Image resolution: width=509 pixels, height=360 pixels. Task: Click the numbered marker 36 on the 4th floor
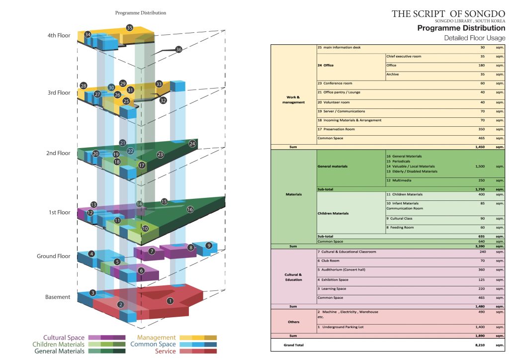click(x=178, y=49)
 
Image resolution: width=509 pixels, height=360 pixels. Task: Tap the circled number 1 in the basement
click(x=170, y=301)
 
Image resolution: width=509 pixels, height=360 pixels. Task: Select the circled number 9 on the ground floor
click(x=209, y=246)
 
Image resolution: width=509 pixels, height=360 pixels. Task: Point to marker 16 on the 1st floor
click(x=190, y=210)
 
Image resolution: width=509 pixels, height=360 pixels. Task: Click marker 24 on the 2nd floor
click(x=192, y=144)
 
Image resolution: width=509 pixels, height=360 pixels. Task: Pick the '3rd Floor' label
click(x=59, y=93)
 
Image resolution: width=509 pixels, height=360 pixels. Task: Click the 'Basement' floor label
click(x=58, y=297)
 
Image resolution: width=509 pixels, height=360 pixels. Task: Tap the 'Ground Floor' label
click(x=54, y=257)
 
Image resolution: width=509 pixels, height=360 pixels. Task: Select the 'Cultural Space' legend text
click(x=64, y=338)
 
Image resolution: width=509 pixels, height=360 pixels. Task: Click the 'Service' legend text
click(x=166, y=351)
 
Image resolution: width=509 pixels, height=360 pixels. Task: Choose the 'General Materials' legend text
click(x=59, y=351)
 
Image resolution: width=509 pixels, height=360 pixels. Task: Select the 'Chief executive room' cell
click(x=404, y=56)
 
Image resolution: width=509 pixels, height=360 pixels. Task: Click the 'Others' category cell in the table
click(x=294, y=322)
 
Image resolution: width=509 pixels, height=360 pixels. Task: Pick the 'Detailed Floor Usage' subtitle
click(x=474, y=38)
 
